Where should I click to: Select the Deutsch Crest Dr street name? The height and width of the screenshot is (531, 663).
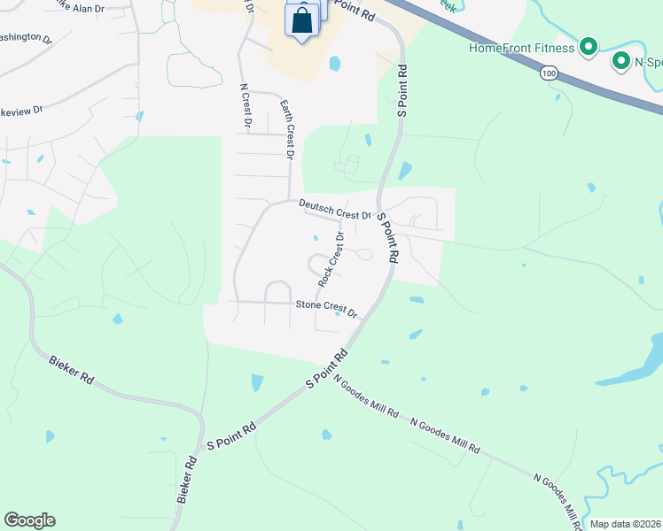tap(334, 209)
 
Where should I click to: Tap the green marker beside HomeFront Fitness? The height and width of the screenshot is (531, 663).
tap(587, 46)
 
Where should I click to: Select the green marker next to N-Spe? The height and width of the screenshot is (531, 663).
tap(620, 61)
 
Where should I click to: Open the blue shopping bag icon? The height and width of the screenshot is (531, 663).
tap(302, 20)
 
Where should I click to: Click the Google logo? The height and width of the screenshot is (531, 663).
tap(29, 520)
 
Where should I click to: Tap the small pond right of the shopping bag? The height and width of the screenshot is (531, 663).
tap(334, 64)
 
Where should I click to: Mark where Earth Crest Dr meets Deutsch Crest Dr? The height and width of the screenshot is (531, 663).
tap(290, 201)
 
